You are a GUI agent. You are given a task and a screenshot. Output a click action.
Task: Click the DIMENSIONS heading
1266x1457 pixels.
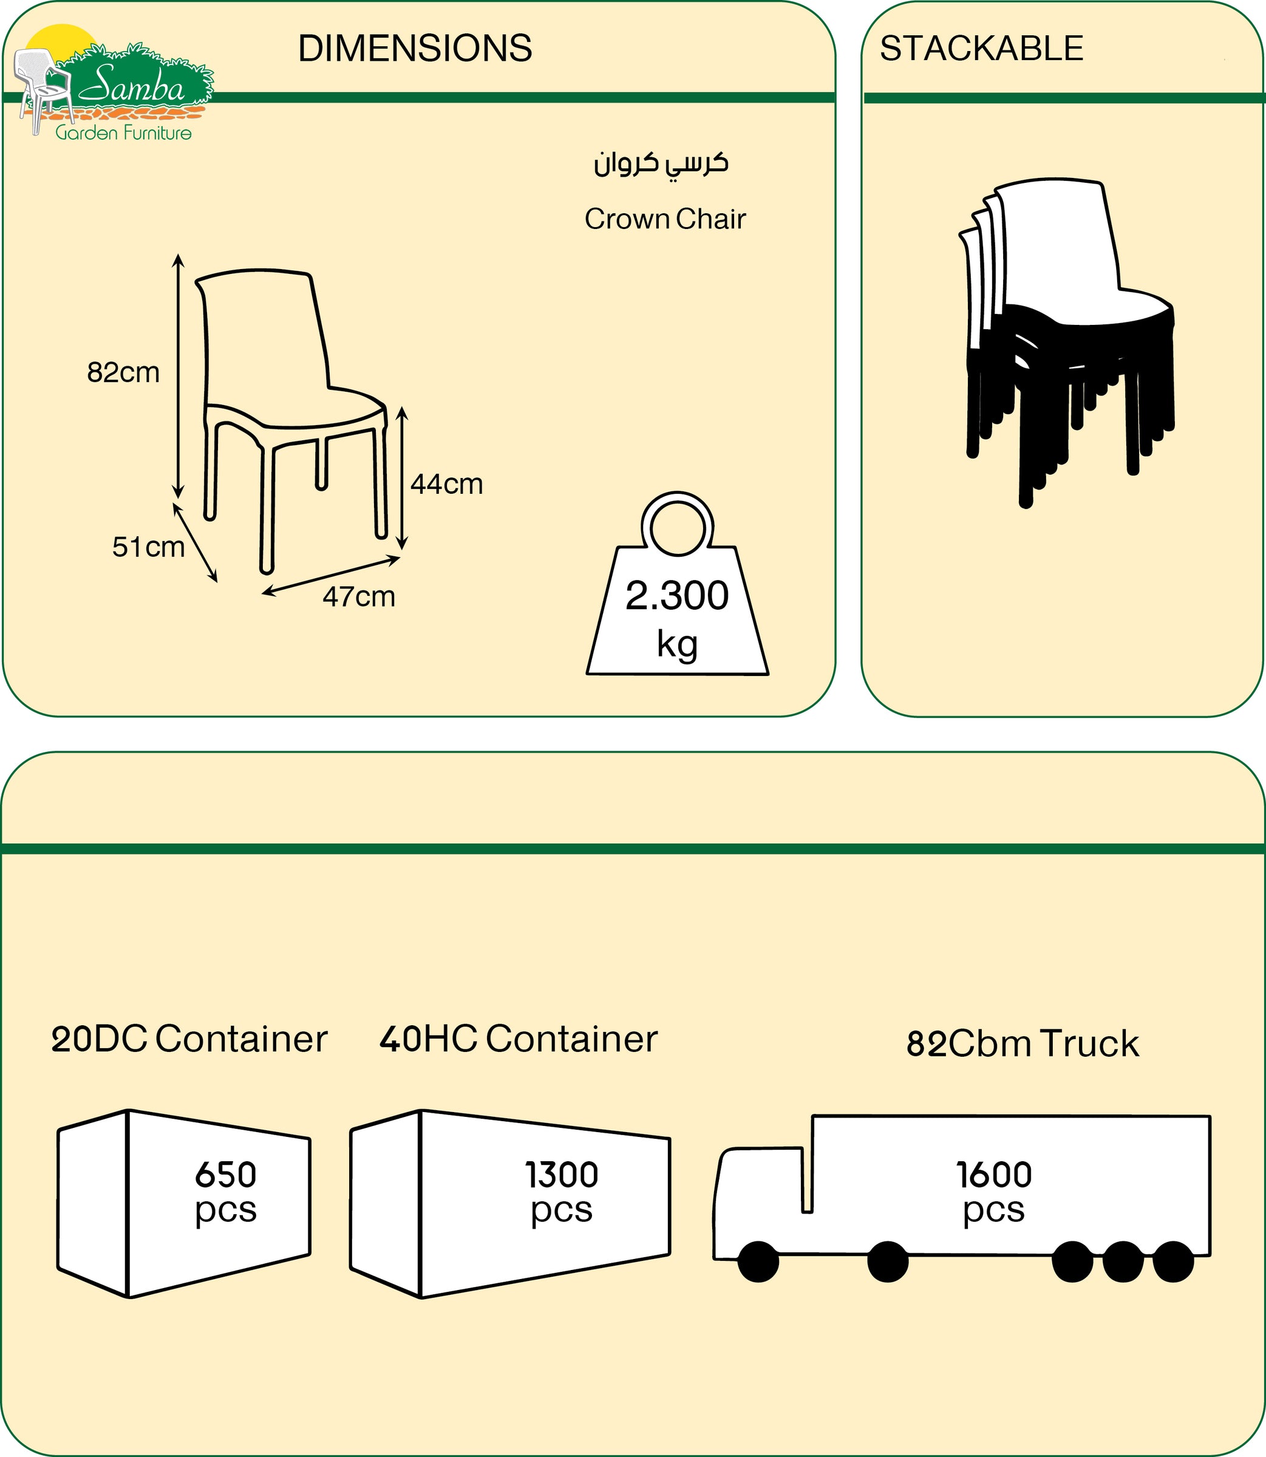415,49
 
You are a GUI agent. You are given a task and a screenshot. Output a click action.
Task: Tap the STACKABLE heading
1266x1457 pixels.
981,49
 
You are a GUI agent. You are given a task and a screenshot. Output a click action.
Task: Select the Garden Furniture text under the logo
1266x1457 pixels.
124,133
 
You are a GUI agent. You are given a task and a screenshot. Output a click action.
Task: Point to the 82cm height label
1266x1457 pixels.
123,372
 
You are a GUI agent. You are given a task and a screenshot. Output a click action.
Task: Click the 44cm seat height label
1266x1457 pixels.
446,484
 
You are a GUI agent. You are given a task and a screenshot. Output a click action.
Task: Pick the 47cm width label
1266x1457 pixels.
358,597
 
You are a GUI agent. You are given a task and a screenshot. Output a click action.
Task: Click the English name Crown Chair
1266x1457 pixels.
665,219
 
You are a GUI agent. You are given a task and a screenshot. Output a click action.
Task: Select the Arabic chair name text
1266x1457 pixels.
661,164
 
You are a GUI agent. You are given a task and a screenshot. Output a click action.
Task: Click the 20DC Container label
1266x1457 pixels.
189,1039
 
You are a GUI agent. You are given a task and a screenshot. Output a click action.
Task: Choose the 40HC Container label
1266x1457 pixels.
518,1039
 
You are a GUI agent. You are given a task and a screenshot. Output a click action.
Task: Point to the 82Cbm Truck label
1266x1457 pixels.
1023,1043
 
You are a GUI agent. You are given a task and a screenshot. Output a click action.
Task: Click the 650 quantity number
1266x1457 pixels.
225,1175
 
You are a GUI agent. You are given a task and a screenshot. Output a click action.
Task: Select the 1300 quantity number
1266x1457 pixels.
562,1175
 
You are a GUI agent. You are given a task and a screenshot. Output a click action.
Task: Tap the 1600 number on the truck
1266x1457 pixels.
994,1175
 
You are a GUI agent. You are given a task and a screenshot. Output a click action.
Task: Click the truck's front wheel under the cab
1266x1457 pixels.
758,1261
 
